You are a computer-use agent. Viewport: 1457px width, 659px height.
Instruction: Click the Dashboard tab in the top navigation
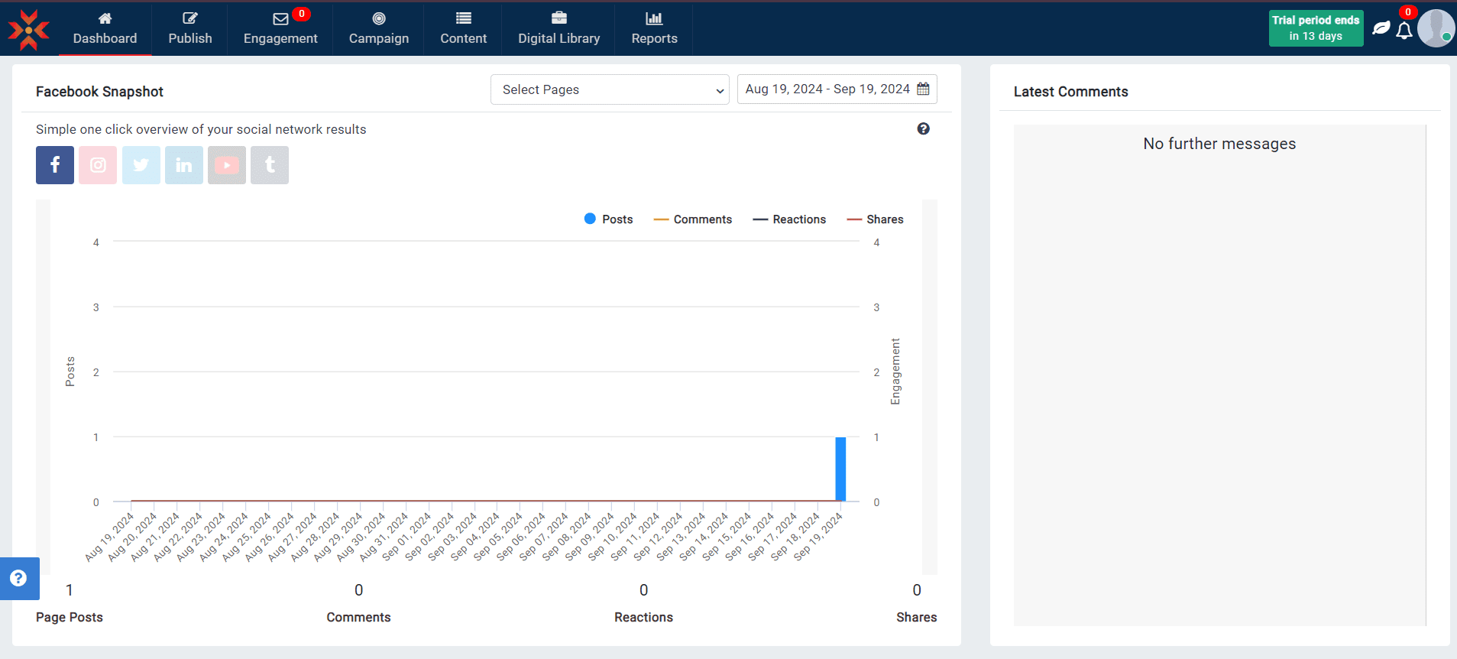(x=105, y=28)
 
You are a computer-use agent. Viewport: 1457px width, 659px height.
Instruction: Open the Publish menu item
(x=189, y=28)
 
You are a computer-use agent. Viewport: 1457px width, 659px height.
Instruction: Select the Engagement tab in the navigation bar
(x=280, y=28)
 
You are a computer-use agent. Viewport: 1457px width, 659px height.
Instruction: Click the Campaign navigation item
(x=379, y=28)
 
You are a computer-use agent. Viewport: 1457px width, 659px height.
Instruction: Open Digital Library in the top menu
(x=559, y=28)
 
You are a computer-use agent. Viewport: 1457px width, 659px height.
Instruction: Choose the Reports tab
(x=654, y=28)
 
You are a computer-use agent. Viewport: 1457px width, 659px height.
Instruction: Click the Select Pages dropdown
(x=610, y=89)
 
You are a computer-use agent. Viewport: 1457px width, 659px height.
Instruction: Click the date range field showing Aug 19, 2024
(x=836, y=89)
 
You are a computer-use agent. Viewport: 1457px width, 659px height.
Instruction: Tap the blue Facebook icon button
(x=55, y=165)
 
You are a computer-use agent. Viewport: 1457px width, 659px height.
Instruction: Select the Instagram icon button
(x=98, y=165)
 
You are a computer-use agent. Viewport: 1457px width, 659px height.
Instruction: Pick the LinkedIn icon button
(x=184, y=165)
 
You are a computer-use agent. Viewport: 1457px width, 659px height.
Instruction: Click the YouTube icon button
(x=227, y=165)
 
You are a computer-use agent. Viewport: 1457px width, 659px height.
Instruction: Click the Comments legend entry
(x=693, y=219)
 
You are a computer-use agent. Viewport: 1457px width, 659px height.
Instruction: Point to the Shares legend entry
(x=876, y=219)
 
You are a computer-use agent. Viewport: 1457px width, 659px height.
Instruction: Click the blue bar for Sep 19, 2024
(x=840, y=469)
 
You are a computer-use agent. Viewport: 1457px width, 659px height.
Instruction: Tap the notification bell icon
(x=1404, y=31)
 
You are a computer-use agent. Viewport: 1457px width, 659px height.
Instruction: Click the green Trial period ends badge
(x=1316, y=28)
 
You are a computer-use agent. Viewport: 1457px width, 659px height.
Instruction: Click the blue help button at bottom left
(x=19, y=578)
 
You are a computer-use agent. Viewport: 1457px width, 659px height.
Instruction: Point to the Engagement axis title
(x=895, y=372)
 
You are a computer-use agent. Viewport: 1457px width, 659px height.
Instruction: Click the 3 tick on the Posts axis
(x=96, y=307)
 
